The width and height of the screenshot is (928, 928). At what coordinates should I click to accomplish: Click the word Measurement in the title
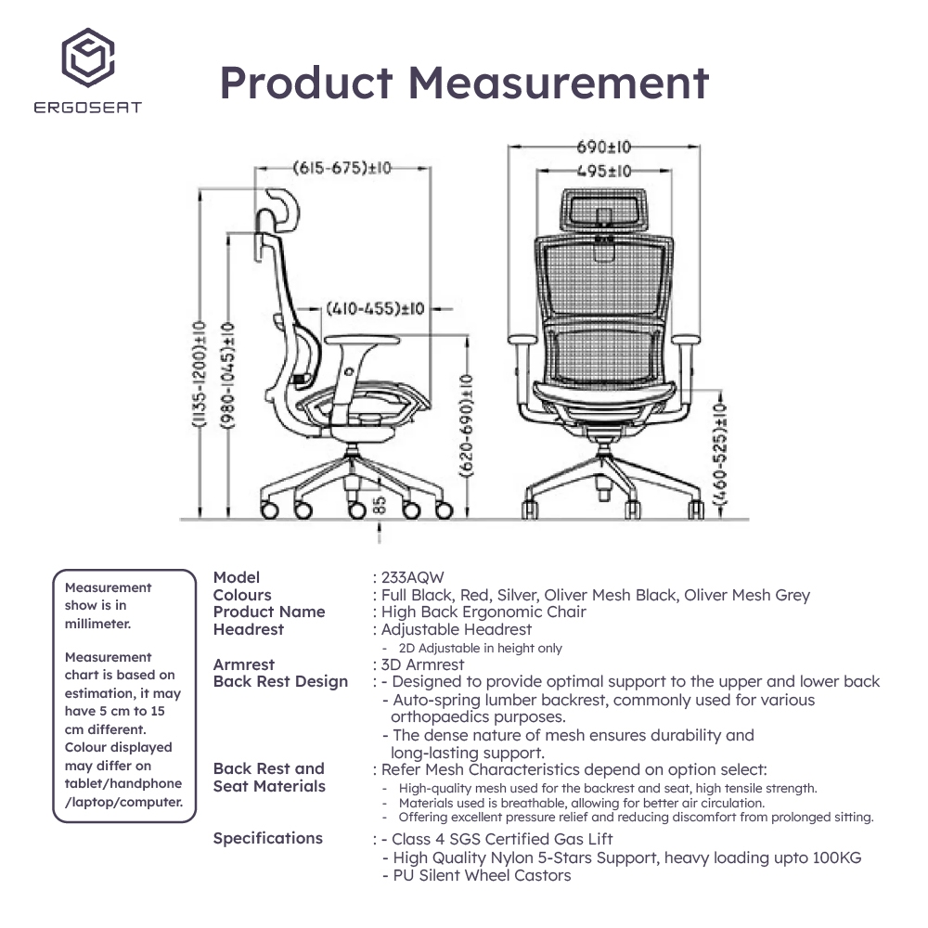559,84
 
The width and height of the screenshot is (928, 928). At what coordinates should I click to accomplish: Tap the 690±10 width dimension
604,147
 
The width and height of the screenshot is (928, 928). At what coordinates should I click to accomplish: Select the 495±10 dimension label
603,172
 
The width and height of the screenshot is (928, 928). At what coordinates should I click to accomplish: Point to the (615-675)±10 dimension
342,168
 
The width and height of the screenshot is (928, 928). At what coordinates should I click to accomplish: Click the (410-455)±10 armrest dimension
375,308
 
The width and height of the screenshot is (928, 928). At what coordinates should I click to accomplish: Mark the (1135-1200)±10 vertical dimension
198,374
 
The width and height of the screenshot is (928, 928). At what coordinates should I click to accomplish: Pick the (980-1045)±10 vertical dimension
227,374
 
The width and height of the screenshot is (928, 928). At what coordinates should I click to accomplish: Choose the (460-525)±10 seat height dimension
719,456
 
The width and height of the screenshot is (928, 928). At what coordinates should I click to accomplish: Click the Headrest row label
249,629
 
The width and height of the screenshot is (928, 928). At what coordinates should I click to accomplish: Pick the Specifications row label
268,838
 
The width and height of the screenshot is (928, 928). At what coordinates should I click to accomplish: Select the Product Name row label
269,612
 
